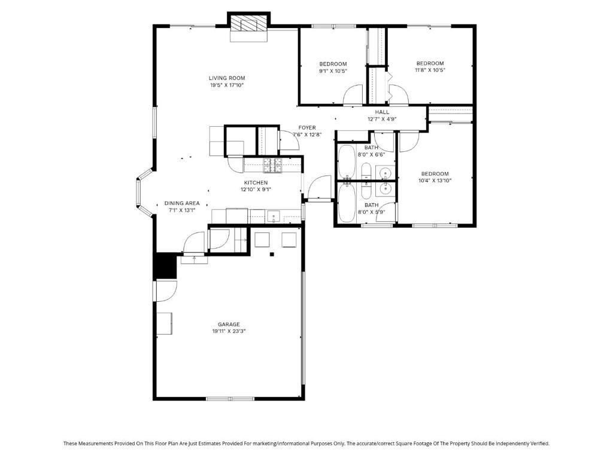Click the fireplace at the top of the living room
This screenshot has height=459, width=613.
[248, 25]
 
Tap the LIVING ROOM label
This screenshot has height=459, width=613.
[227, 78]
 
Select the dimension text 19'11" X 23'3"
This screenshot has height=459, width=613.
[229, 331]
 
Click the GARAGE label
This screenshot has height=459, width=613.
[229, 325]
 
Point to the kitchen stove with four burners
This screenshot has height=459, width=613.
[271, 163]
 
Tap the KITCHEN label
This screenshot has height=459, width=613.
[256, 183]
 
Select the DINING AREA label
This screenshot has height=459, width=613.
[182, 203]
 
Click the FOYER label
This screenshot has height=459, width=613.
[307, 128]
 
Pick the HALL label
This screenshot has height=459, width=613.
[382, 112]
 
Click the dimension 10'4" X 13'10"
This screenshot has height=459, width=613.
[434, 180]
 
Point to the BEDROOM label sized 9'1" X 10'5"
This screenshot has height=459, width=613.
[333, 64]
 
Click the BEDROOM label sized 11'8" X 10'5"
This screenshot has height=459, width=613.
[430, 63]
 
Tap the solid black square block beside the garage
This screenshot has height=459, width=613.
[165, 266]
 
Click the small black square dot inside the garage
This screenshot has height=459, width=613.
[272, 255]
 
